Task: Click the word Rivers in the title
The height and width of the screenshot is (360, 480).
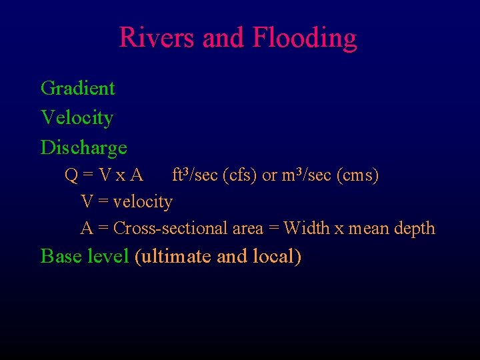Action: tap(157, 37)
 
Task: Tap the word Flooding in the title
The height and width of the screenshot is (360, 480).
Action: tap(305, 39)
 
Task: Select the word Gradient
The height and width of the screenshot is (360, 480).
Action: tap(77, 88)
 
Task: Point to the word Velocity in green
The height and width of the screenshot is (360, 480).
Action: tap(77, 118)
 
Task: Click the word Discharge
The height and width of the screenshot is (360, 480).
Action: tap(83, 147)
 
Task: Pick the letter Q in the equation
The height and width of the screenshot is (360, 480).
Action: tap(71, 176)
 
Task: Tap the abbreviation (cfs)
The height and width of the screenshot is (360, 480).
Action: tap(240, 176)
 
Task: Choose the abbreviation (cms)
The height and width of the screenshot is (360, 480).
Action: tap(357, 176)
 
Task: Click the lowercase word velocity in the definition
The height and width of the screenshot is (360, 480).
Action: tap(143, 201)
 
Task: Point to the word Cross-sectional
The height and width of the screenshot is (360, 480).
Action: tap(170, 228)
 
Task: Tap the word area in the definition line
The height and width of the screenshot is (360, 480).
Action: tap(248, 229)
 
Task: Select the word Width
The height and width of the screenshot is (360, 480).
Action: tap(307, 228)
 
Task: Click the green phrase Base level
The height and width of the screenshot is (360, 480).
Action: tap(85, 256)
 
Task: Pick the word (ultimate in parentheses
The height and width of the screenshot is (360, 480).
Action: tap(174, 257)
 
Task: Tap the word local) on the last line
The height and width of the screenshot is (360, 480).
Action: tap(277, 257)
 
